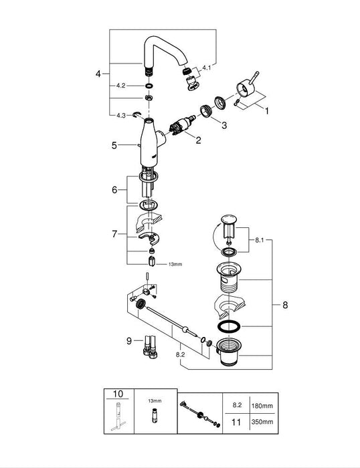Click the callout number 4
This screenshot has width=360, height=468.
[x=98, y=74]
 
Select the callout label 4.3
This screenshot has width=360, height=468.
[x=121, y=115]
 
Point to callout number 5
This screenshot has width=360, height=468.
[x=114, y=144]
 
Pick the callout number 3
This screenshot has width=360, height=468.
[x=224, y=124]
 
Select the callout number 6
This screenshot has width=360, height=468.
[x=114, y=190]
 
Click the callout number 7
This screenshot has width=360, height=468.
[x=114, y=234]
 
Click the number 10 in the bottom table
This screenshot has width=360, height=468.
[x=119, y=395]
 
